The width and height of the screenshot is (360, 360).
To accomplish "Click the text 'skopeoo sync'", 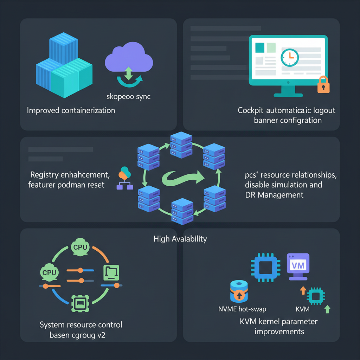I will [128, 96].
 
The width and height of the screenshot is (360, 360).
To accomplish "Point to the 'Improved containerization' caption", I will [71, 110].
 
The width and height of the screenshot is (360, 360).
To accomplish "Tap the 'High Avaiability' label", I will [180, 239].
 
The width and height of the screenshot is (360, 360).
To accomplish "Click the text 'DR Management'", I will [274, 194].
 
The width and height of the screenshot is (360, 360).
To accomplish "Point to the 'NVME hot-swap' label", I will [242, 309].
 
